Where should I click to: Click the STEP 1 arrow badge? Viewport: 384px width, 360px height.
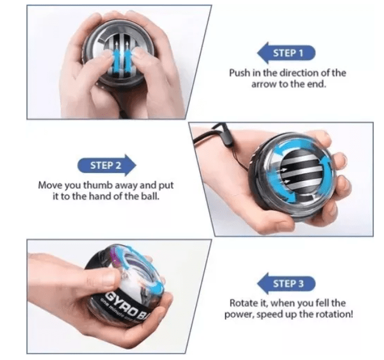pyautogui.click(x=286, y=53)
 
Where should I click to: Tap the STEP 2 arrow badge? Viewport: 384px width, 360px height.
pyautogui.click(x=107, y=165)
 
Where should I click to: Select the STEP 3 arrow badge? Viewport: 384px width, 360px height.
pyautogui.click(x=286, y=283)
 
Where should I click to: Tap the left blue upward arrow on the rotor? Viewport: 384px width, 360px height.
pyautogui.click(x=117, y=58)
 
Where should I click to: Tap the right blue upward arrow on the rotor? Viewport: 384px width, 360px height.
pyautogui.click(x=128, y=58)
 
